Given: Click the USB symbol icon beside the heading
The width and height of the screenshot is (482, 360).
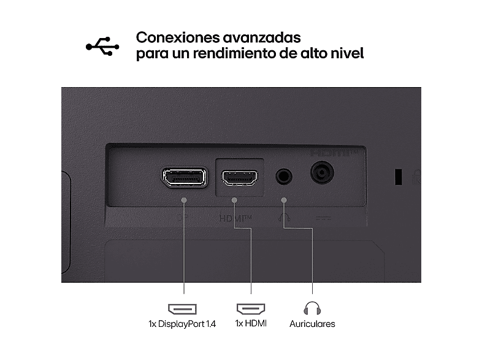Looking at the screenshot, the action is tap(102, 47).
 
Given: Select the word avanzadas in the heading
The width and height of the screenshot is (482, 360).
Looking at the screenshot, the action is tap(262, 37).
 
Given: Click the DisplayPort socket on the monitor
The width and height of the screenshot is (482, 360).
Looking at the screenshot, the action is tap(185, 177).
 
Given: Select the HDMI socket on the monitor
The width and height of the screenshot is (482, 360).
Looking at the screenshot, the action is tap(240, 178).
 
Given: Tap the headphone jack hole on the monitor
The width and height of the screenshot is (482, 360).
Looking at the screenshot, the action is tap(283, 176).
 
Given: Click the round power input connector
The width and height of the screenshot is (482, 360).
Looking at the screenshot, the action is tap(322, 172).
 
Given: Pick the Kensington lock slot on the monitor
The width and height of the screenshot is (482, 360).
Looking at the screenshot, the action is tap(399, 177).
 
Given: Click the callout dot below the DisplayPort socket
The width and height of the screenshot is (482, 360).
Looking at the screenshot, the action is tap(184, 200).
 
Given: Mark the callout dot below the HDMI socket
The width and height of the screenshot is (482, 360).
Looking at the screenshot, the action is tap(234, 200).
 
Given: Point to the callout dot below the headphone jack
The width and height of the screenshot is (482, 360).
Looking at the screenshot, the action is tap(284, 200).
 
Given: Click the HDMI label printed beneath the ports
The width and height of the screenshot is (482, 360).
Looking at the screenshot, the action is tap(235, 218).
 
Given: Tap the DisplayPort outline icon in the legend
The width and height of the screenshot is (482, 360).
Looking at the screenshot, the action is tap(182, 308).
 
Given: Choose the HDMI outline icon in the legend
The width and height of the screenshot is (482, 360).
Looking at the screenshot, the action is tap(251, 308).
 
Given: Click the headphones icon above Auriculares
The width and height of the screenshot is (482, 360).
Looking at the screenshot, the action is tap(312, 308).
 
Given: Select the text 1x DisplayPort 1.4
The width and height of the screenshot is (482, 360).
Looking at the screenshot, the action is tap(182, 324).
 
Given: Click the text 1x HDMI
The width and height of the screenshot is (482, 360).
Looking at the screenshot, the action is tap(251, 323).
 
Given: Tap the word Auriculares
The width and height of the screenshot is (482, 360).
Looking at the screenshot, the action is tap(312, 324).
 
